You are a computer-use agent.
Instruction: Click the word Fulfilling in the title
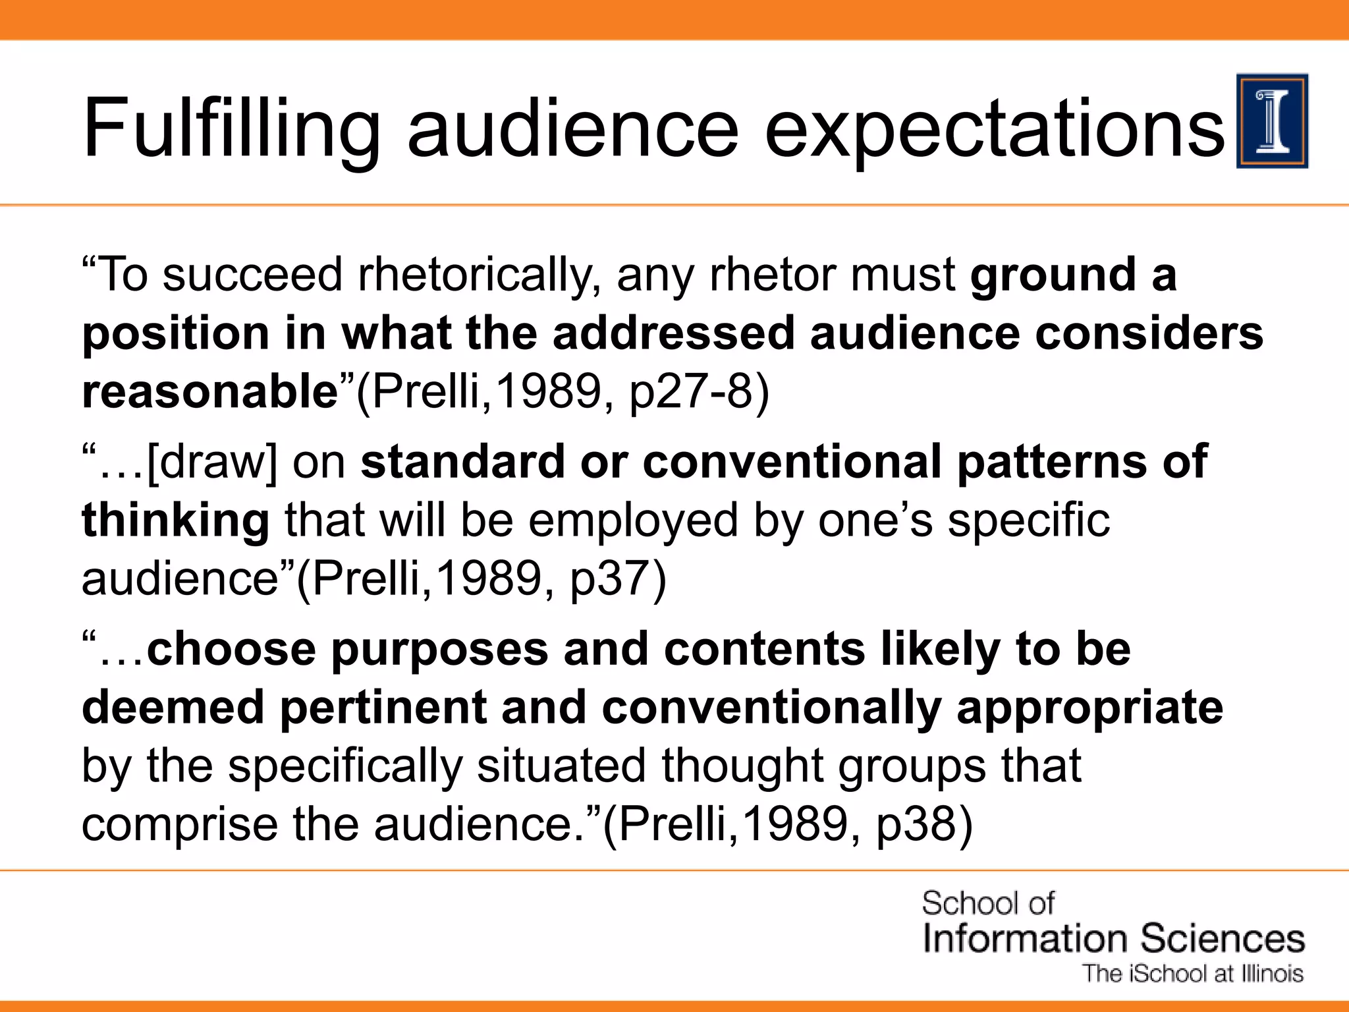point(231,128)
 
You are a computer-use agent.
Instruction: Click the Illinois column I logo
point(1272,121)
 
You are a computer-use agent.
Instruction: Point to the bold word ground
point(1053,275)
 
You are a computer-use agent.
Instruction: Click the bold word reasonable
point(209,391)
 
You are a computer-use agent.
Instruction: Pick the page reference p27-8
point(699,392)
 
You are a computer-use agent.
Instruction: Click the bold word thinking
point(175,520)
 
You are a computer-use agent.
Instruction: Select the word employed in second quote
point(632,520)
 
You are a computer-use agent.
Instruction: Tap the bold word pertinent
point(382,707)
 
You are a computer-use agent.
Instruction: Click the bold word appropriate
point(1089,707)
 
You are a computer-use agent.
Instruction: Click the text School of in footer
point(987,903)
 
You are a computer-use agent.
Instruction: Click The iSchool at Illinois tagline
point(1193,974)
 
